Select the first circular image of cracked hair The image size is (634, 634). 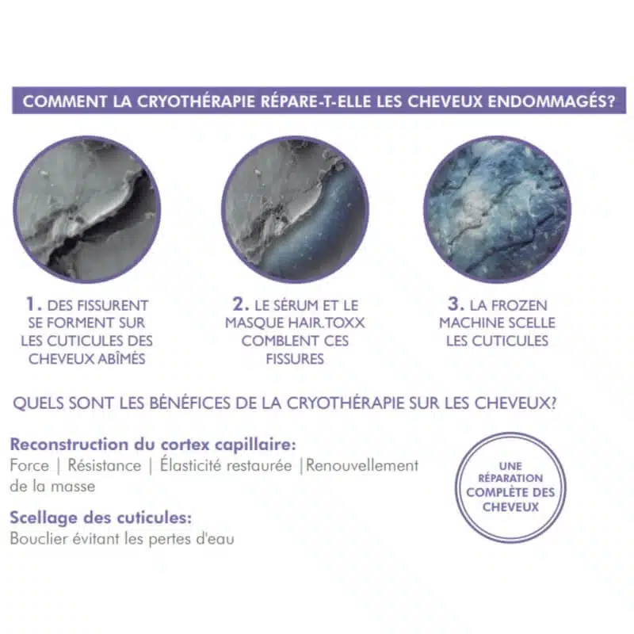[x=87, y=209]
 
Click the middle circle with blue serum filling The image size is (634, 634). [x=295, y=209]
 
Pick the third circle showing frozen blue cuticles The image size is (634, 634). [x=498, y=209]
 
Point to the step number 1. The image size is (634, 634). [x=33, y=304]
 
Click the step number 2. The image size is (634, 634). [x=241, y=304]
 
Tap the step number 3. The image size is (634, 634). [x=456, y=304]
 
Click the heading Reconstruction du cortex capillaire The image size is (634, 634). [x=153, y=445]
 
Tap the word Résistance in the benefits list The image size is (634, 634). [x=105, y=465]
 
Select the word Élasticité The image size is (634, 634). [x=191, y=465]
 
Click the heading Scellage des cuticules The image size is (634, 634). [x=101, y=518]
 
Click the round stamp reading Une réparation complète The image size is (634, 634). [x=510, y=487]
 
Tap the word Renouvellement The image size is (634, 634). [x=362, y=465]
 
